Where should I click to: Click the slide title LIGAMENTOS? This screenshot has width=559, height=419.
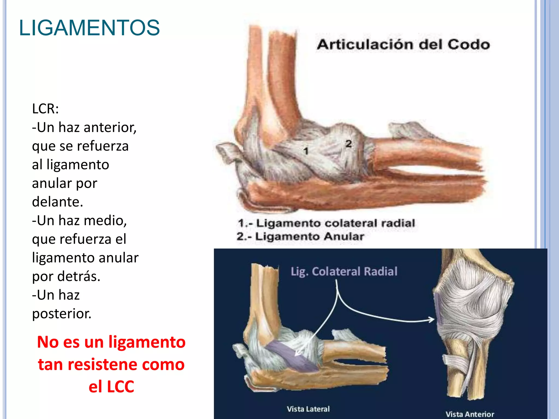[89, 28]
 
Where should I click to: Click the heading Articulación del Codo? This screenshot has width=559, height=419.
[403, 44]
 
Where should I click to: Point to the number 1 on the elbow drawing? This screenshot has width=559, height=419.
[306, 151]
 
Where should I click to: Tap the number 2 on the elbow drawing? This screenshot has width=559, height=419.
[348, 144]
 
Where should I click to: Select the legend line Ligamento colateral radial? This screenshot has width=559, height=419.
[326, 223]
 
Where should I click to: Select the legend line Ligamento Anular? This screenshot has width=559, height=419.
[300, 236]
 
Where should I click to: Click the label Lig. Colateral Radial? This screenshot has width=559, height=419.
[344, 271]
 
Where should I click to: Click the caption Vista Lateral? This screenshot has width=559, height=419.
[308, 409]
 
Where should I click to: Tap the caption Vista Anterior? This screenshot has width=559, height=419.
[470, 414]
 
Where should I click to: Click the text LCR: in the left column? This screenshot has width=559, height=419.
[45, 109]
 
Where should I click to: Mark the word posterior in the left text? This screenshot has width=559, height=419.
[62, 313]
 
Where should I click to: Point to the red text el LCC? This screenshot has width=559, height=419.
[111, 387]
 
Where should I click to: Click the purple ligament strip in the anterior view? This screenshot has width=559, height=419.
[438, 308]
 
